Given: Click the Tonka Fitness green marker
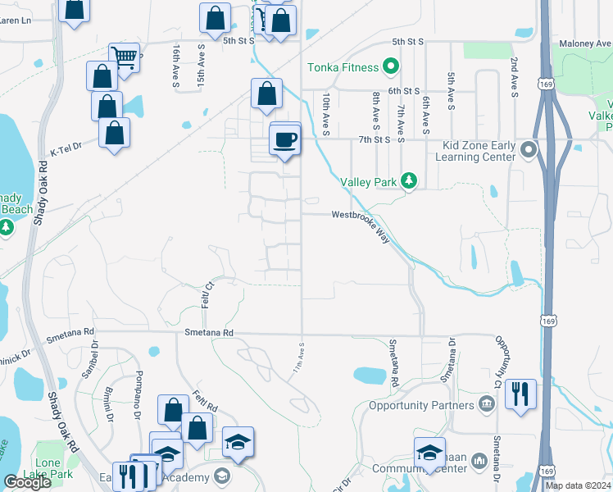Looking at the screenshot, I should tap(391, 67).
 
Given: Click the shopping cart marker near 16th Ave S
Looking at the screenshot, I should tap(124, 58).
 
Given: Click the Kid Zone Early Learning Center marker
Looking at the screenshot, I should tap(529, 149).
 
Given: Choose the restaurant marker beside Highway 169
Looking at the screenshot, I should tap(520, 394).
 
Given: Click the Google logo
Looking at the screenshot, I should tap(27, 482).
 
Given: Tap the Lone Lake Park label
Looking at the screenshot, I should tap(54, 468).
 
